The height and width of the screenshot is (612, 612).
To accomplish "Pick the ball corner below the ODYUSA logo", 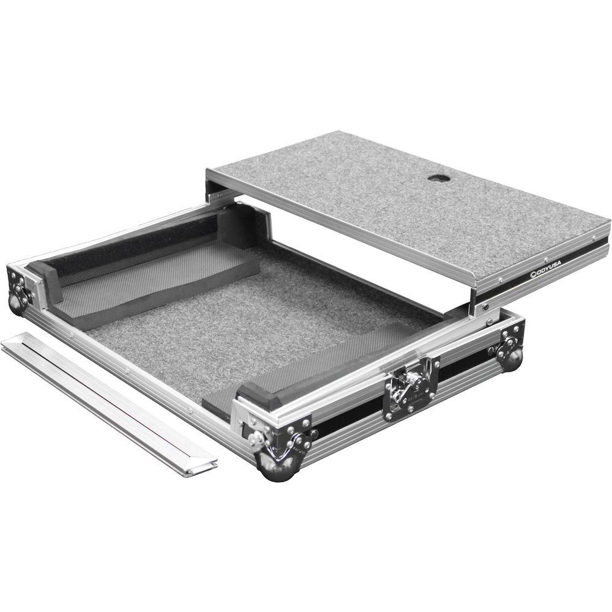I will (x=510, y=356).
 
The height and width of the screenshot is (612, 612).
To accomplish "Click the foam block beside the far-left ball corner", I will (x=46, y=282).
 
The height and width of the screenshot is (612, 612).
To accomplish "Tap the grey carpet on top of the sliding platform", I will (x=398, y=202).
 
